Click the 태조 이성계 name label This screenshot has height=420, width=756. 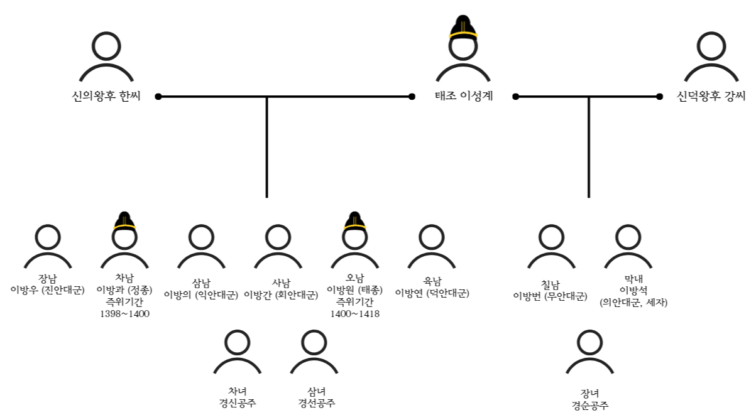[x=464, y=97]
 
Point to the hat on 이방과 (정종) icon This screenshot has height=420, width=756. [x=124, y=221]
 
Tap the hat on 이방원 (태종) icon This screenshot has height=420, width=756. [x=355, y=221]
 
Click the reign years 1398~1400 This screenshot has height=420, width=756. [x=124, y=314]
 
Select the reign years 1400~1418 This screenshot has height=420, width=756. [x=355, y=314]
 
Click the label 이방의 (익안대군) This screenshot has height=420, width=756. [x=201, y=294]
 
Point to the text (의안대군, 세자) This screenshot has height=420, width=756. [x=633, y=303]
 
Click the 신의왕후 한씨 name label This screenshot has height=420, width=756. [x=106, y=97]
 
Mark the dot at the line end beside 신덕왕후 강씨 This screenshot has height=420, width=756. [x=659, y=97]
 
